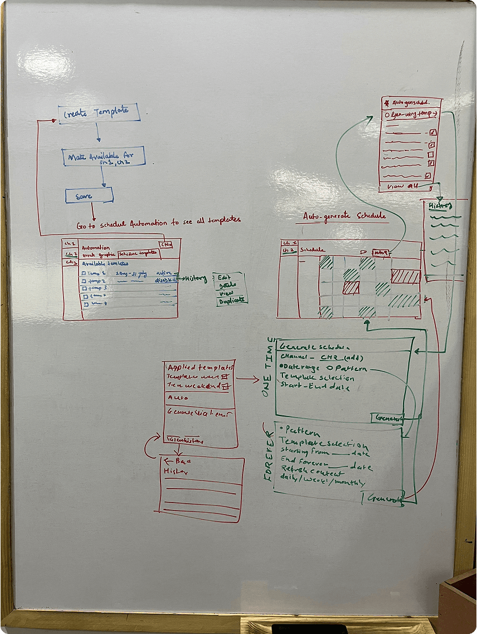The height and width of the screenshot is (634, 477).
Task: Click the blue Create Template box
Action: pyautogui.click(x=99, y=112)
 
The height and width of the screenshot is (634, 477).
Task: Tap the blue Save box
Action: pyautogui.click(x=88, y=196)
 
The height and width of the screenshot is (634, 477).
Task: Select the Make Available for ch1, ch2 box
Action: pyautogui.click(x=103, y=156)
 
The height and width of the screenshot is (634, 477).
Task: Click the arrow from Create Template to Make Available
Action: pyautogui.click(x=98, y=133)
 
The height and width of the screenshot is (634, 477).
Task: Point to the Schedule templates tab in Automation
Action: pyautogui.click(x=137, y=254)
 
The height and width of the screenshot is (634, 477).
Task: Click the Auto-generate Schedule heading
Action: pyautogui.click(x=344, y=216)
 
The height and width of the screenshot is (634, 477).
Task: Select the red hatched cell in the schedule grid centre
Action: pyautogui.click(x=351, y=288)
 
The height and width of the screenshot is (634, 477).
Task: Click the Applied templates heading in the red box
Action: pyautogui.click(x=200, y=367)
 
